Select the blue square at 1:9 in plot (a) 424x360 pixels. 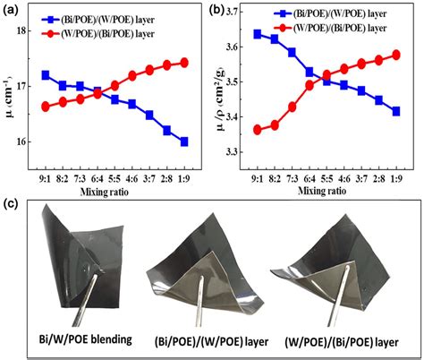tap(184, 141)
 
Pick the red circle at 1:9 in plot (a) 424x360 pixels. tap(184, 63)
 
